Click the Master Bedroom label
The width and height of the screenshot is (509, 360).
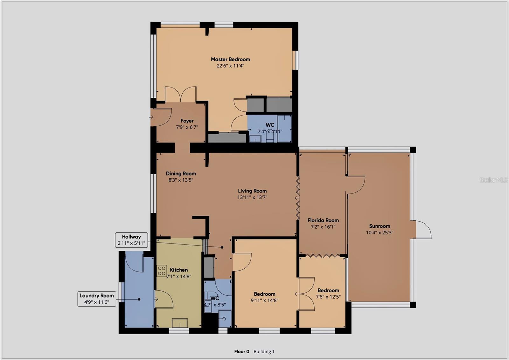230,59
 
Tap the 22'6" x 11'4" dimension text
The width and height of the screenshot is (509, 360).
230,66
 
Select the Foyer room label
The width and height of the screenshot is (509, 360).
187,121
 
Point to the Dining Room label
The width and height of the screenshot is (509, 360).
181,173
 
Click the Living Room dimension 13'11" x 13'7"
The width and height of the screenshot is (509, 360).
252,197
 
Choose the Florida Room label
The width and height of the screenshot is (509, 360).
323,220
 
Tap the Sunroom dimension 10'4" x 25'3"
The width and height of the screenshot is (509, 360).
380,233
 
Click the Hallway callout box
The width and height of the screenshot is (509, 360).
131,240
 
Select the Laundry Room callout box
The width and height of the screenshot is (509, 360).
97,299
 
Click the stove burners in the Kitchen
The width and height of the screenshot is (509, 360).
162,271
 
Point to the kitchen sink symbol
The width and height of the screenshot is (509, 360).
180,323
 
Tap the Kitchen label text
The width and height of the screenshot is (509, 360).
179,270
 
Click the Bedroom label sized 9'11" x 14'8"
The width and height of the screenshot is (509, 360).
264,294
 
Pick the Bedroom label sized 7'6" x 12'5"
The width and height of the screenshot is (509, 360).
328,290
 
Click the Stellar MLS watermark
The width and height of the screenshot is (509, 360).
493,180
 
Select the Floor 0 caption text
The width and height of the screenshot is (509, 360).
241,352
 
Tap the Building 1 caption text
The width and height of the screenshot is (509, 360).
264,352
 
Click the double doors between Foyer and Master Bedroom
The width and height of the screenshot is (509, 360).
181,95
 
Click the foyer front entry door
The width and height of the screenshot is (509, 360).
161,117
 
